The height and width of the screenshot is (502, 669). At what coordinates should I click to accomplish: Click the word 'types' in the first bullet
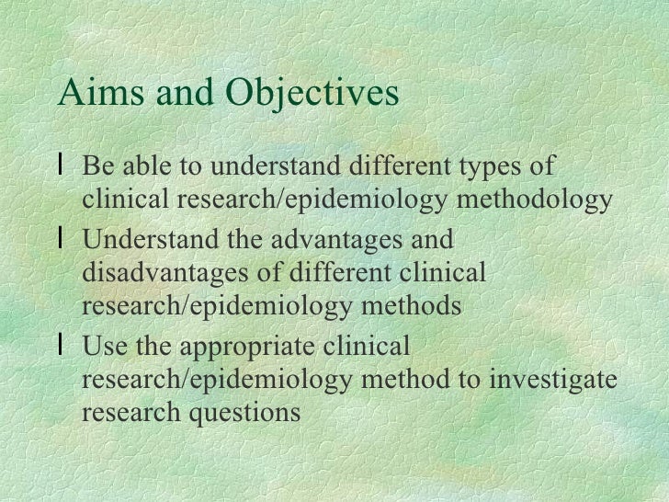(491, 169)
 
